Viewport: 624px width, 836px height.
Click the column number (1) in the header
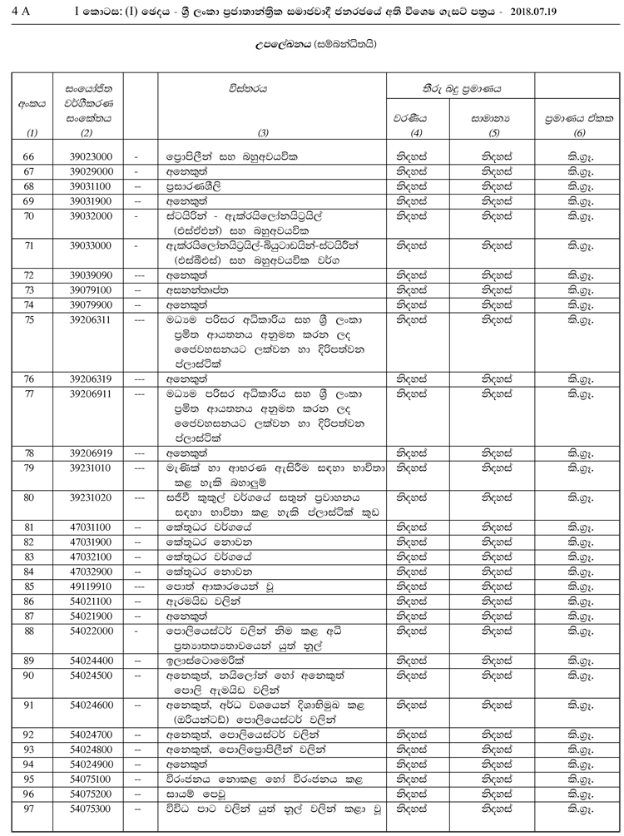[31, 133]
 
